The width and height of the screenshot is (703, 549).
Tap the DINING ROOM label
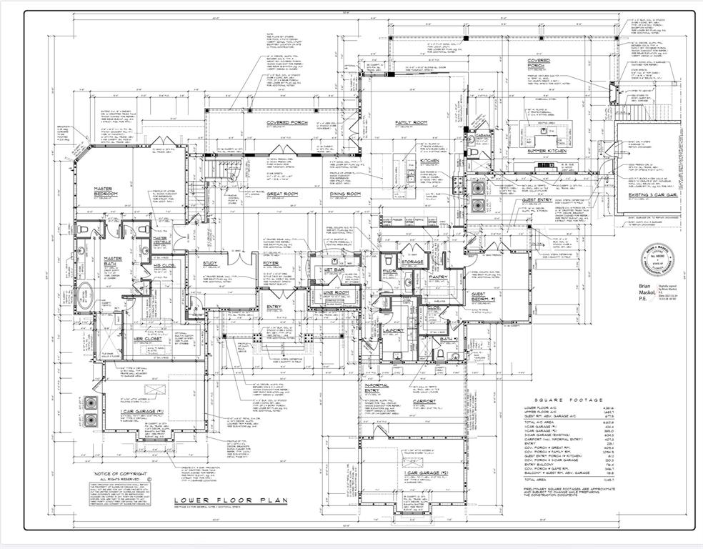(345, 194)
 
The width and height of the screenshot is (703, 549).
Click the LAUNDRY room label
(393, 330)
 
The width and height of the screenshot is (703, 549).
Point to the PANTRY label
(438, 277)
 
